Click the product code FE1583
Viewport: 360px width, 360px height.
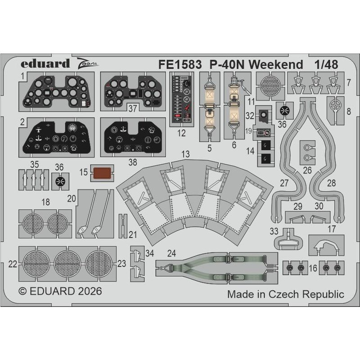tap(180, 64)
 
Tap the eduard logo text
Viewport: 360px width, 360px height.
tap(45, 63)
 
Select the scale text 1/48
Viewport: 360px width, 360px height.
tap(326, 64)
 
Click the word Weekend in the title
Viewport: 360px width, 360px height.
tap(276, 64)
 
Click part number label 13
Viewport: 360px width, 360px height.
tap(185, 154)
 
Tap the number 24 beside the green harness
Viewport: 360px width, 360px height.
tap(172, 253)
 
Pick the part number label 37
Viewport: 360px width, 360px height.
tap(133, 108)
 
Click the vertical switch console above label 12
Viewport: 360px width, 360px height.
tap(182, 99)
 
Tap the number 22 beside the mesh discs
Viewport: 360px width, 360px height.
tap(13, 264)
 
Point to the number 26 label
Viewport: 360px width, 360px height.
tap(307, 171)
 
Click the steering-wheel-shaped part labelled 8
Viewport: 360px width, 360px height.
tap(336, 106)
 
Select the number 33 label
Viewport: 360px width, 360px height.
tap(274, 231)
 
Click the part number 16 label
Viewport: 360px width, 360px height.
tap(313, 268)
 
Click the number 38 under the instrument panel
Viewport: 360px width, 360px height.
tap(133, 162)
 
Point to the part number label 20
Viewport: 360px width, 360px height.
tap(72, 198)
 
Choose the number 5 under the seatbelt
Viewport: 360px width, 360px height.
tap(209, 148)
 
